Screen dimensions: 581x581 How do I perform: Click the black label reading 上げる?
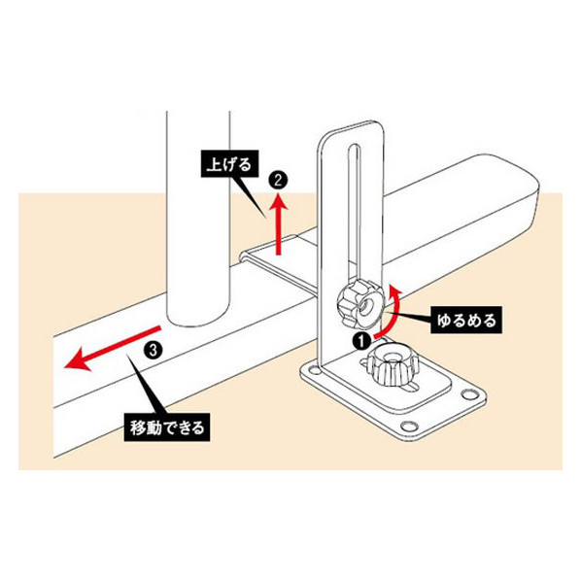229,164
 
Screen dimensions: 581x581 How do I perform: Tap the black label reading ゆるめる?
466,321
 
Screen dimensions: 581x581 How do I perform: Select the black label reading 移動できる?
167,427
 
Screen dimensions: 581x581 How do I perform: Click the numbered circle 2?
278,181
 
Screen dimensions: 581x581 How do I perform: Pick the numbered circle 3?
154,350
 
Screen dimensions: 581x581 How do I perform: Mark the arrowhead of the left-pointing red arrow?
77,360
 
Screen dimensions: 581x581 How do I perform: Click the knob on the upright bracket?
360,304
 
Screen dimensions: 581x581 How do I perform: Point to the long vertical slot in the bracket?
355,212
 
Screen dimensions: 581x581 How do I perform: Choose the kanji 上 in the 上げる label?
214,164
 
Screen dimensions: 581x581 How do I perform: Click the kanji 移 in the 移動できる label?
137,427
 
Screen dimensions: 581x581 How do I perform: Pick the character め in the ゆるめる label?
473,321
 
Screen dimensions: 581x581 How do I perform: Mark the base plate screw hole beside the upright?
313,370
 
